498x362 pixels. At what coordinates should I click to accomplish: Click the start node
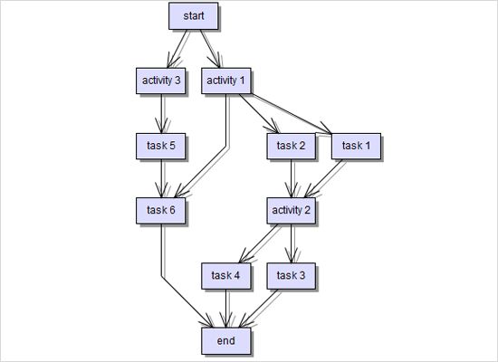coord(194,16)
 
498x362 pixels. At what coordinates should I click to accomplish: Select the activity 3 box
coord(161,81)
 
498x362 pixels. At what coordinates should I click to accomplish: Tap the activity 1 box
coord(226,81)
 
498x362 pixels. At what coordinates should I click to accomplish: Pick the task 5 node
coord(161,145)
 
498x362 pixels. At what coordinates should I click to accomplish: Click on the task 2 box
coord(292,145)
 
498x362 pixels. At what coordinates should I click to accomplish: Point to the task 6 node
coord(161,210)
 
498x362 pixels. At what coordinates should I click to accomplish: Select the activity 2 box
coord(292,210)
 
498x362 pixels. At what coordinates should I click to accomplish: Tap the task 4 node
coord(225,275)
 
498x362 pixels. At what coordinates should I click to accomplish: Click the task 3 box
coord(292,275)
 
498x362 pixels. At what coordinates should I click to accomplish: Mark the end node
coord(225,340)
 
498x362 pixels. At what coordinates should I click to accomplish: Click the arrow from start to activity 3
coord(178,48)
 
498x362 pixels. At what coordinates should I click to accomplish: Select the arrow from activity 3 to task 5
coord(161,113)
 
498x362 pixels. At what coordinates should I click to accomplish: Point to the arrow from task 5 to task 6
coord(161,177)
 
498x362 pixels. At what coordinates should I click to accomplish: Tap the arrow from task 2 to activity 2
coord(292,177)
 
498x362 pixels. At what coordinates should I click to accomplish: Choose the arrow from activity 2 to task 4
coord(259,243)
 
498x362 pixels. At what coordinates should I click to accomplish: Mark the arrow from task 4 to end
coord(225,308)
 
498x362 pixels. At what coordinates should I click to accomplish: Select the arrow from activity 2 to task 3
coord(292,243)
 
